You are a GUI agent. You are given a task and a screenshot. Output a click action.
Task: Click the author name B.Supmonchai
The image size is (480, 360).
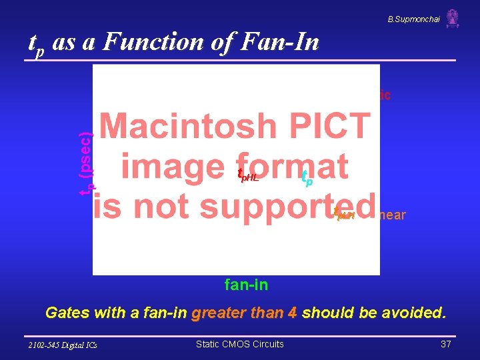413,19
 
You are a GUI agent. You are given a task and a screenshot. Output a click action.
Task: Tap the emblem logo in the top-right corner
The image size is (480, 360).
453,18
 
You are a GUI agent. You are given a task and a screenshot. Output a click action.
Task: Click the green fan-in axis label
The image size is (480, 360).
246,285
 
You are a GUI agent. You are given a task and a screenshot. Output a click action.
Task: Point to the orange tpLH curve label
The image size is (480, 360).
344,213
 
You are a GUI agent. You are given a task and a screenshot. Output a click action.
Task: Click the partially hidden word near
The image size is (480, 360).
392,215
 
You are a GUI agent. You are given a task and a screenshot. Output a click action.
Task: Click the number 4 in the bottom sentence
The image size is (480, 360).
292,313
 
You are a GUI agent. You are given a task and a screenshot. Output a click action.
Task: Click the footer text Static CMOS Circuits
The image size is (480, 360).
239,344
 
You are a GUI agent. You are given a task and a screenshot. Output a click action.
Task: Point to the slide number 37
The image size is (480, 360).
446,344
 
